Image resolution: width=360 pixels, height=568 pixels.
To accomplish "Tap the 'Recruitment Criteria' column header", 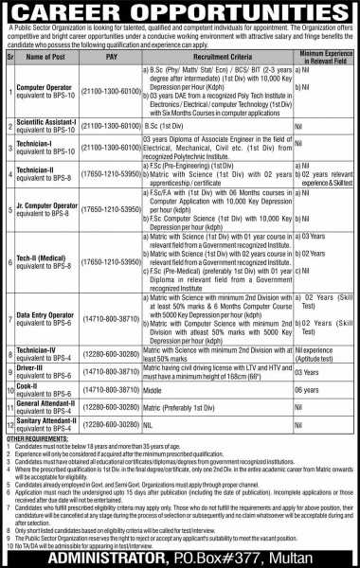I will coord(215,57).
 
